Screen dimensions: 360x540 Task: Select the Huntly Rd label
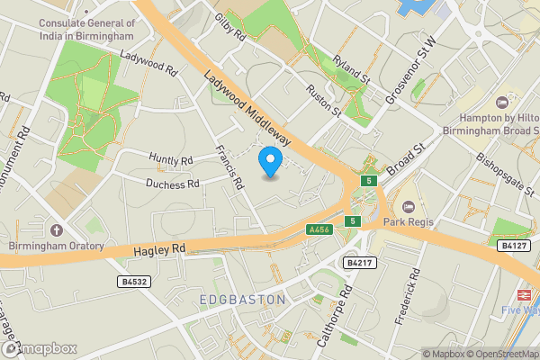click(171, 161)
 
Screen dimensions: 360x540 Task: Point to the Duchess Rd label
click(173, 184)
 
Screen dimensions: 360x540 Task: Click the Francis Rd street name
click(230, 168)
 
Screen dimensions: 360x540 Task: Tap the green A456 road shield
click(317, 229)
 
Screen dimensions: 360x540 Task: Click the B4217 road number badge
click(358, 263)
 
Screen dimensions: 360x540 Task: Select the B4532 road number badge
click(132, 282)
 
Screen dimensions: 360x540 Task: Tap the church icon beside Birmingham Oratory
click(56, 229)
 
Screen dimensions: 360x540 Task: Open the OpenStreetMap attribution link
click(501, 354)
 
